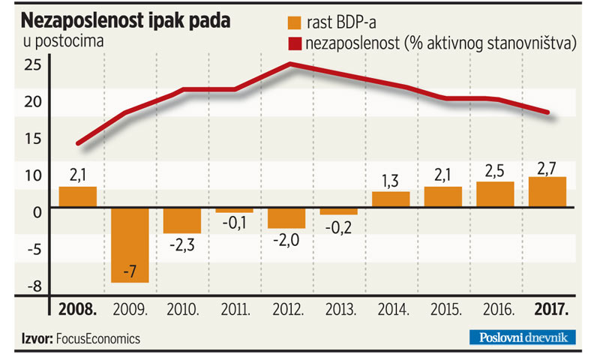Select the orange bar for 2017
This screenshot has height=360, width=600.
547,192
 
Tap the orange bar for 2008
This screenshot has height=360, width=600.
78,196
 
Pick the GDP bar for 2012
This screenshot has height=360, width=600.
286,217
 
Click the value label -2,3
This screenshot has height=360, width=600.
182,244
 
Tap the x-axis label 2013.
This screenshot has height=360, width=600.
340,309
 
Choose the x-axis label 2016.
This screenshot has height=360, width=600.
496,309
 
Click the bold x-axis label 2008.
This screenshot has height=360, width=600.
78,309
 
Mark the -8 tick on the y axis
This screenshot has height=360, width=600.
32,286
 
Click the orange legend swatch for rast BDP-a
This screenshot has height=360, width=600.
295,22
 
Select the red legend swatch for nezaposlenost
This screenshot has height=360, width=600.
295,44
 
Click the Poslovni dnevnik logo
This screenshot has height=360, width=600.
524,337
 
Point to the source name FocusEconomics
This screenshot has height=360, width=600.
97,338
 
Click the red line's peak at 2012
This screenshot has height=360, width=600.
289,64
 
